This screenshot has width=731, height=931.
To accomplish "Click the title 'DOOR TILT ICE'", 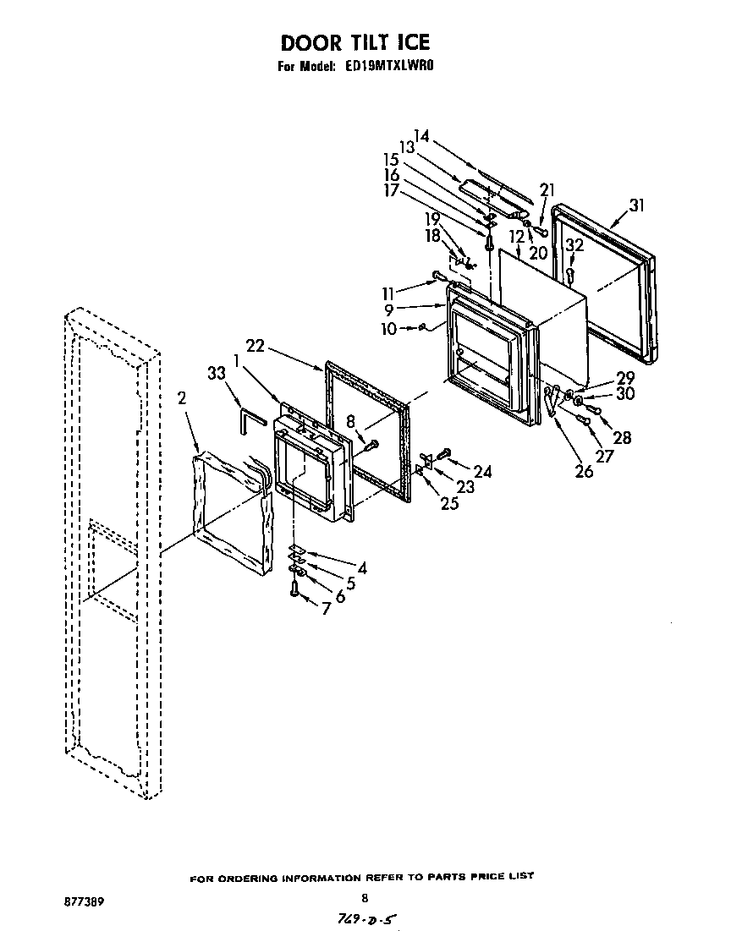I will point(355,42).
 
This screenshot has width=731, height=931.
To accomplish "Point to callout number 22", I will point(256,345).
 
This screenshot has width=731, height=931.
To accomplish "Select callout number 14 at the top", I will point(421,135).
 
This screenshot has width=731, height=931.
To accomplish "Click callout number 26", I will point(584,472).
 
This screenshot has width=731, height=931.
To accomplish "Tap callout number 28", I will point(623,437).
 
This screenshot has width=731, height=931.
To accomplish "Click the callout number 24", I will point(482,472).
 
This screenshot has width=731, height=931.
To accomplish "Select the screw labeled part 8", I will point(371,443).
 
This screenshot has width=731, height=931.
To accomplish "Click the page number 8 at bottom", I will point(365,898).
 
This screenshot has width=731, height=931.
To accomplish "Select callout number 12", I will point(515,237).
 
